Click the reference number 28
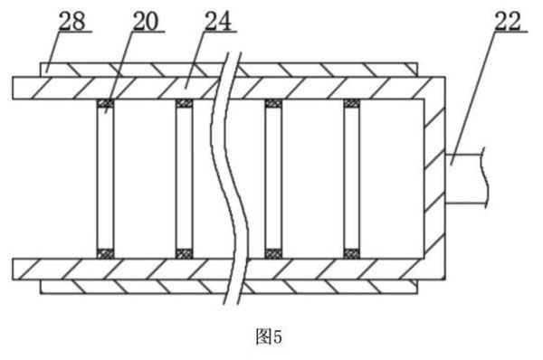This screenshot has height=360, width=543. click(72, 21)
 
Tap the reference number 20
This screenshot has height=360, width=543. click(146, 21)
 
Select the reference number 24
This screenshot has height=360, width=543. click(218, 21)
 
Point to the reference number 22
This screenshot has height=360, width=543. click(508, 21)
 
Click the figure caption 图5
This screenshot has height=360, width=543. click(269, 336)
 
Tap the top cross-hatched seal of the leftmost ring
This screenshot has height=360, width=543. click(105, 103)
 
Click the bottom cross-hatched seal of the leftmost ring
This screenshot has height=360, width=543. click(105, 254)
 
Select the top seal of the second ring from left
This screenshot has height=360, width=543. click(185, 103)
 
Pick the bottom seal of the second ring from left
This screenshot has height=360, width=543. click(185, 254)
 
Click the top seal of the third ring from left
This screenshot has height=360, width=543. click(273, 103)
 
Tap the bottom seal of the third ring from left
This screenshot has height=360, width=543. click(273, 254)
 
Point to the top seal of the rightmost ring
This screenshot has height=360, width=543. click(352, 103)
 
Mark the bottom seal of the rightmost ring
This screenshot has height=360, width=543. click(352, 254)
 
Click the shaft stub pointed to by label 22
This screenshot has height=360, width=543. click(466, 178)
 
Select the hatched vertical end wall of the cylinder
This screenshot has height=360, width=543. click(434, 178)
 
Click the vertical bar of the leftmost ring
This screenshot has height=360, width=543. click(105, 178)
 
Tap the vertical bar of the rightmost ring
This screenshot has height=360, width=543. click(352, 178)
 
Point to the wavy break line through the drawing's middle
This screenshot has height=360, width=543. click(229, 178)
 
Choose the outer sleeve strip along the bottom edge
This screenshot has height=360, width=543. click(229, 287)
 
